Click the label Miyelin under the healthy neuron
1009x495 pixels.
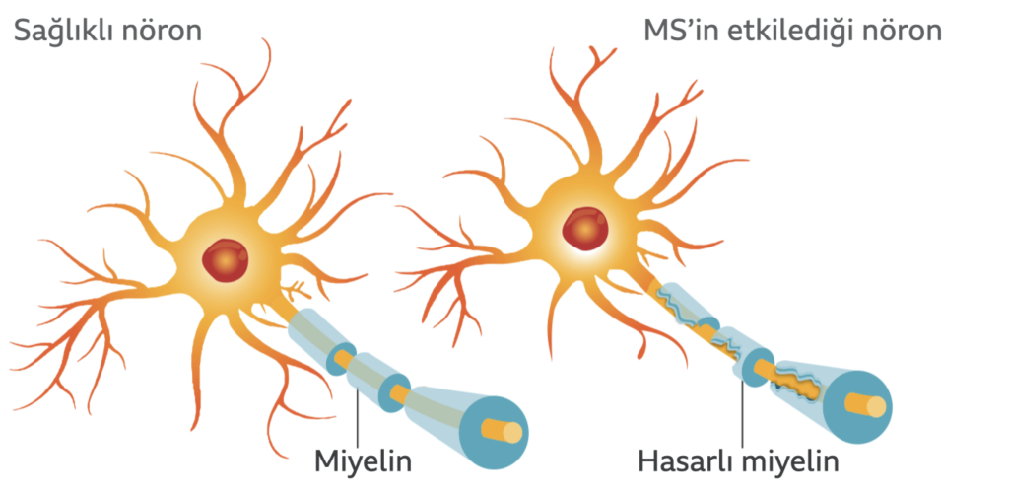point(364,461)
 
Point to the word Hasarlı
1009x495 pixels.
point(686,460)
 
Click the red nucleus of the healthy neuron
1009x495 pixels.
point(225,259)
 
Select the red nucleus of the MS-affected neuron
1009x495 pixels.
point(585,229)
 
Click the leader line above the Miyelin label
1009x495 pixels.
point(357,414)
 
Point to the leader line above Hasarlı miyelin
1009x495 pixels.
point(743,412)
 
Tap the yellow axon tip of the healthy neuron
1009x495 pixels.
point(512,433)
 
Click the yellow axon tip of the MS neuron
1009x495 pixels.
point(876,407)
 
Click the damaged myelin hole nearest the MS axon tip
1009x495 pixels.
point(798,385)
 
